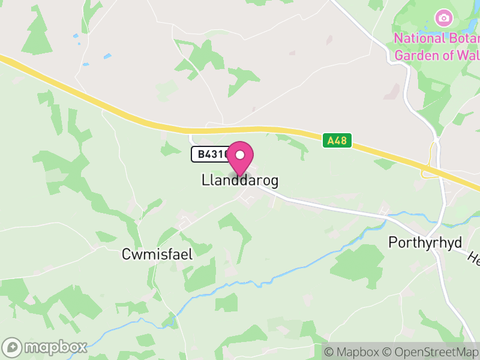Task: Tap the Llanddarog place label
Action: pyautogui.click(x=240, y=181)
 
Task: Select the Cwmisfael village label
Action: pyautogui.click(x=157, y=254)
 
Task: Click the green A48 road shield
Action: pyautogui.click(x=337, y=141)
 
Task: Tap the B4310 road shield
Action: pyautogui.click(x=210, y=154)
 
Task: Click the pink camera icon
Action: pyautogui.click(x=443, y=17)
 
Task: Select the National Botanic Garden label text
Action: pyautogui.click(x=437, y=46)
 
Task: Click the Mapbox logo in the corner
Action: pyautogui.click(x=46, y=347)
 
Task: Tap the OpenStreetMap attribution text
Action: pyautogui.click(x=430, y=352)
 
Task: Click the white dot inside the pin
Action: pyautogui.click(x=240, y=155)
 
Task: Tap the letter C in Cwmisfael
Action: pyautogui.click(x=127, y=254)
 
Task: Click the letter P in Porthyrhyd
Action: pyautogui.click(x=393, y=242)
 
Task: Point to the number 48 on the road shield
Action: pyautogui.click(x=341, y=141)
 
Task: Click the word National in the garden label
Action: pyautogui.click(x=419, y=38)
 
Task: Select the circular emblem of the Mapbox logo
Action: pyautogui.click(x=13, y=347)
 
